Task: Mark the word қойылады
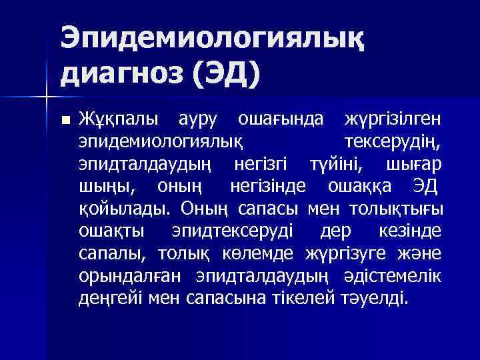pyautogui.click(x=121, y=209)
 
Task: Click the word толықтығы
pyautogui.click(x=397, y=209)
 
